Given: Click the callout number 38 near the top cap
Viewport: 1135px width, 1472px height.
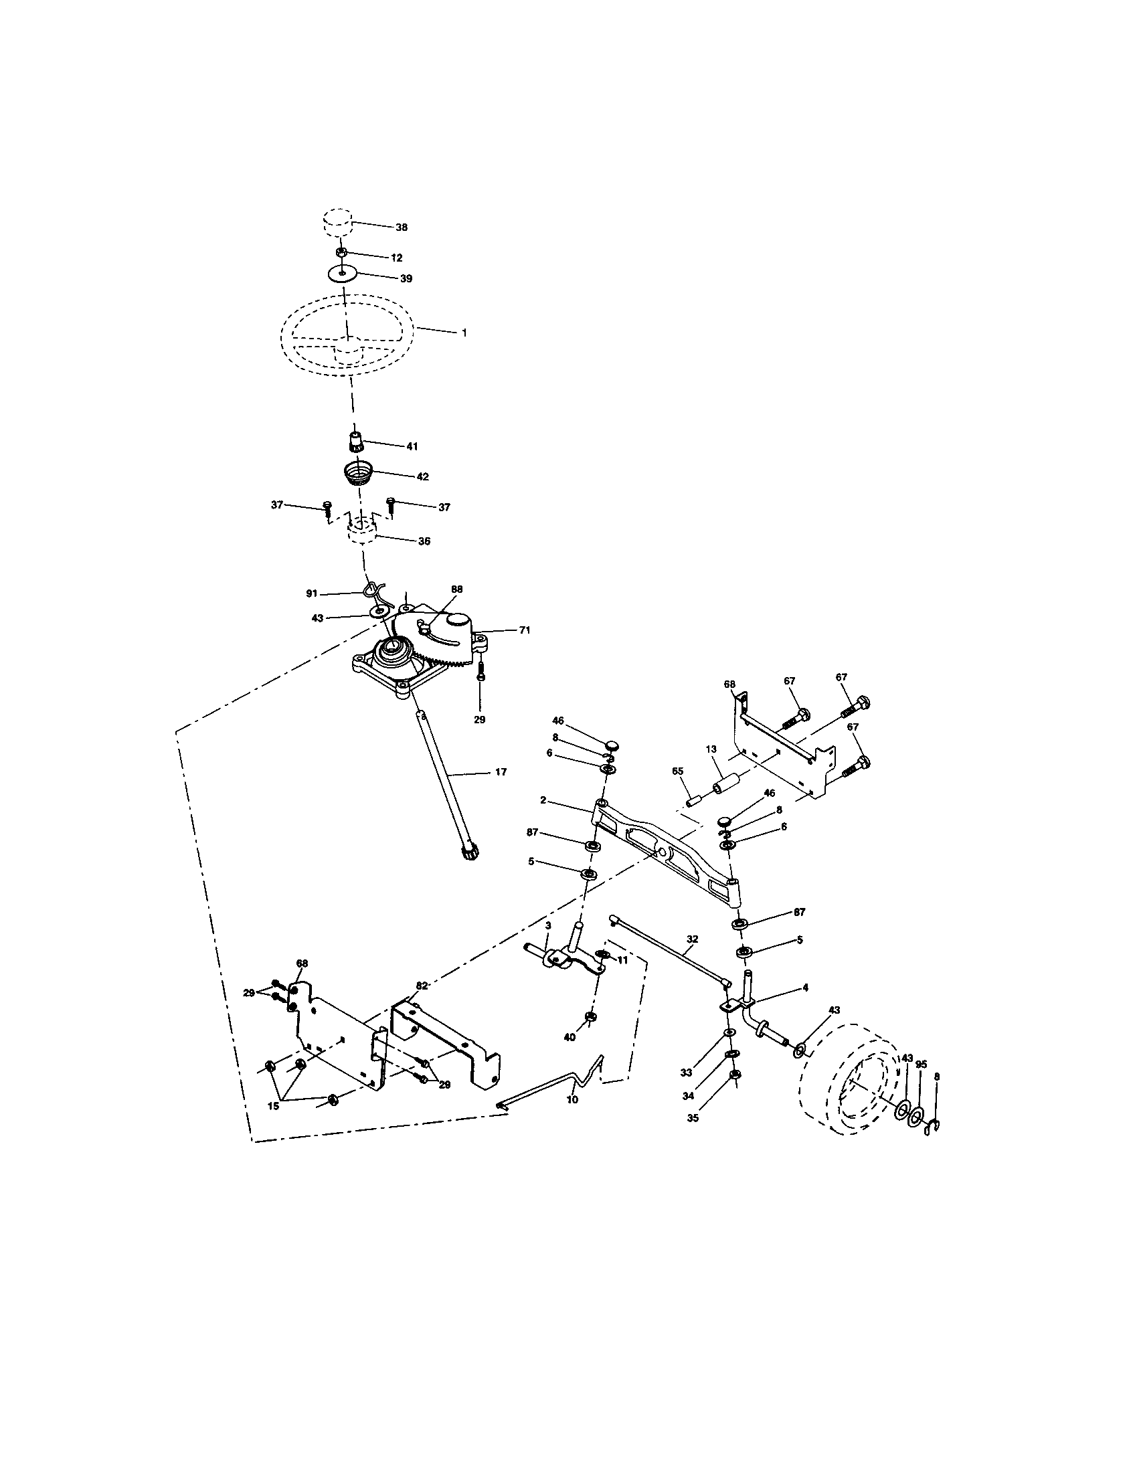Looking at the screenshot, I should coord(401,227).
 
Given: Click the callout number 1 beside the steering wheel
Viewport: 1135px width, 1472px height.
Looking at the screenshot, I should coord(464,333).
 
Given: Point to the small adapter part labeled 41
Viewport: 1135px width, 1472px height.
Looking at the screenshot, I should coord(356,443).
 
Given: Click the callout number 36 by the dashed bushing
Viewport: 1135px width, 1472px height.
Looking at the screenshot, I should coord(424,541).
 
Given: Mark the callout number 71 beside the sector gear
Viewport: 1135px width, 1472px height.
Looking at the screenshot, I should coord(525,630).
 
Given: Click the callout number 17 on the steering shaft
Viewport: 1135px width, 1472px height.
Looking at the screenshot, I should coord(500,771).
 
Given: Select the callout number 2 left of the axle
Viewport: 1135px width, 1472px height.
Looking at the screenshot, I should coord(543,801).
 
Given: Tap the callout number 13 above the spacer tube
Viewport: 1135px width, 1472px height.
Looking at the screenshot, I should coord(711,749).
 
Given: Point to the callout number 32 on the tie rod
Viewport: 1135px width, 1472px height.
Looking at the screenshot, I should coord(692,938).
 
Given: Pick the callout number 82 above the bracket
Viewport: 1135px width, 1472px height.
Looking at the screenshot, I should coord(421,986).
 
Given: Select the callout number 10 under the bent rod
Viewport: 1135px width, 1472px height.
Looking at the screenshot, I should coord(572,1099).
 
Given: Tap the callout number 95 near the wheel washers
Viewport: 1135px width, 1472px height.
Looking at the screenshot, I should coord(922,1065).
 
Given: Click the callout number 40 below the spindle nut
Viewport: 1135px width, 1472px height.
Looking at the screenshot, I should coord(570,1037).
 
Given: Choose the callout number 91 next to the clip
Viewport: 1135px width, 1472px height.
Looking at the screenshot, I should coord(311,593).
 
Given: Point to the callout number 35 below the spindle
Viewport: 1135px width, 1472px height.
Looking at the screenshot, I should coord(693,1117).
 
